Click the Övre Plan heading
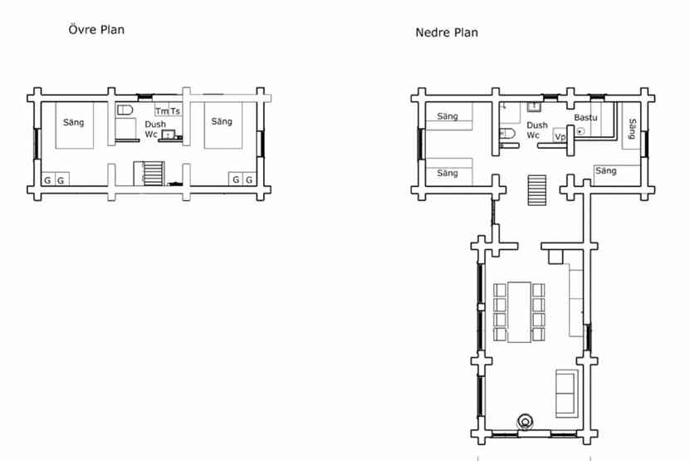96,30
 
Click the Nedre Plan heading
447,32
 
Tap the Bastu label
585,118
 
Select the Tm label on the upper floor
162,111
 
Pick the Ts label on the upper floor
175,111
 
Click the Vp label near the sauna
560,137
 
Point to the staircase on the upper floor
149,173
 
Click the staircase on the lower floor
537,189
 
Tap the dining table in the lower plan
519,311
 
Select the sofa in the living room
567,393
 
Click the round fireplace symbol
525,421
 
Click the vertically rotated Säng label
633,129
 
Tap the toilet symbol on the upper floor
125,110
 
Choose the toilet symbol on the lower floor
507,133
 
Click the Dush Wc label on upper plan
155,129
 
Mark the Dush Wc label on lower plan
537,130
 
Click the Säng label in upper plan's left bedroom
74,122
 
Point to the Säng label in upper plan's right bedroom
222,121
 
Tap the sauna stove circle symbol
580,130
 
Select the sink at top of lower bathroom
534,107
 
